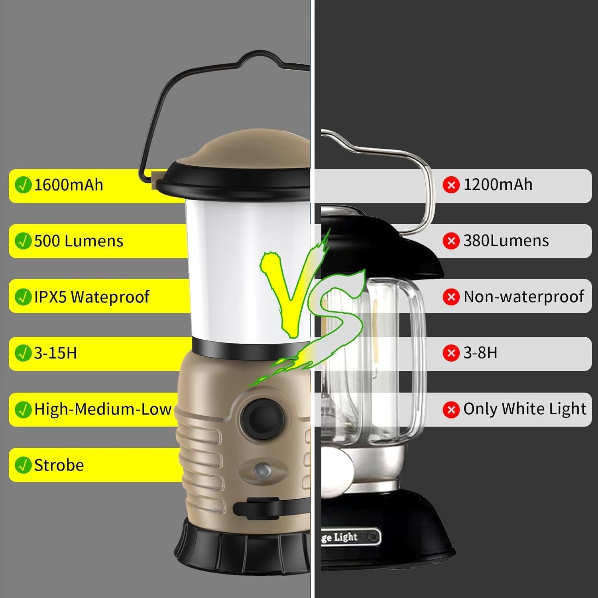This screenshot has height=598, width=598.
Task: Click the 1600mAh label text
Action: (69, 185)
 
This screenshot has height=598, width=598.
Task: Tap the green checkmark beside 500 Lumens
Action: (23, 241)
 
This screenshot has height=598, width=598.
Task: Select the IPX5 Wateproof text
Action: (92, 297)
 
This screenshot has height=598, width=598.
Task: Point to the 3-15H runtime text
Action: (55, 353)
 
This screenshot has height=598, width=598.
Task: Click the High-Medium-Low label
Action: (102, 409)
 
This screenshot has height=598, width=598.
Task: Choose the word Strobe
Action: (59, 465)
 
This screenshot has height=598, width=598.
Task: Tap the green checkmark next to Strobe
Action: (23, 465)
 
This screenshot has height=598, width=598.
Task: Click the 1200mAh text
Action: (498, 185)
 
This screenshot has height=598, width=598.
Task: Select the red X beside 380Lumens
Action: (451, 241)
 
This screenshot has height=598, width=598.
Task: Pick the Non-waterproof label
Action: (523, 297)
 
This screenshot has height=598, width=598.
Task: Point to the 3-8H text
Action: (480, 353)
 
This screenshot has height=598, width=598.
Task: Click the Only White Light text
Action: (525, 409)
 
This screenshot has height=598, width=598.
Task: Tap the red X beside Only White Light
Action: (451, 409)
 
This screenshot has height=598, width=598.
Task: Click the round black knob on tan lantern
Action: (262, 415)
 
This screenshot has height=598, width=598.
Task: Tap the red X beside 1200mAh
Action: (451, 185)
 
